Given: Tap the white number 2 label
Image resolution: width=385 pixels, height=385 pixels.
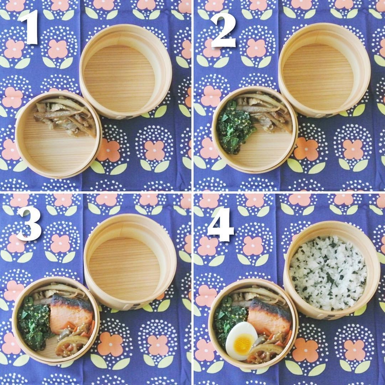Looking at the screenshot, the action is [223, 30].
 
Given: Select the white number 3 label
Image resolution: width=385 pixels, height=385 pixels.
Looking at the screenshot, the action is [29, 223].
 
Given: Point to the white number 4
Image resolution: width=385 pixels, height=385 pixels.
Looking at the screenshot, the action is [220, 224].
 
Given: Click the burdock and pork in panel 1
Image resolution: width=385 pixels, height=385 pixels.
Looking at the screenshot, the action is [65, 116].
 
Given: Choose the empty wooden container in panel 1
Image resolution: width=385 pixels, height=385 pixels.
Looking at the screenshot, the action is [126, 71].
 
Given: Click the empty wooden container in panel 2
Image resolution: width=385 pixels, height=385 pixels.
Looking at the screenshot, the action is [324, 70].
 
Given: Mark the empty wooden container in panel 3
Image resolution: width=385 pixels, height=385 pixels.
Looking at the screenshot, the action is [130, 262].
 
